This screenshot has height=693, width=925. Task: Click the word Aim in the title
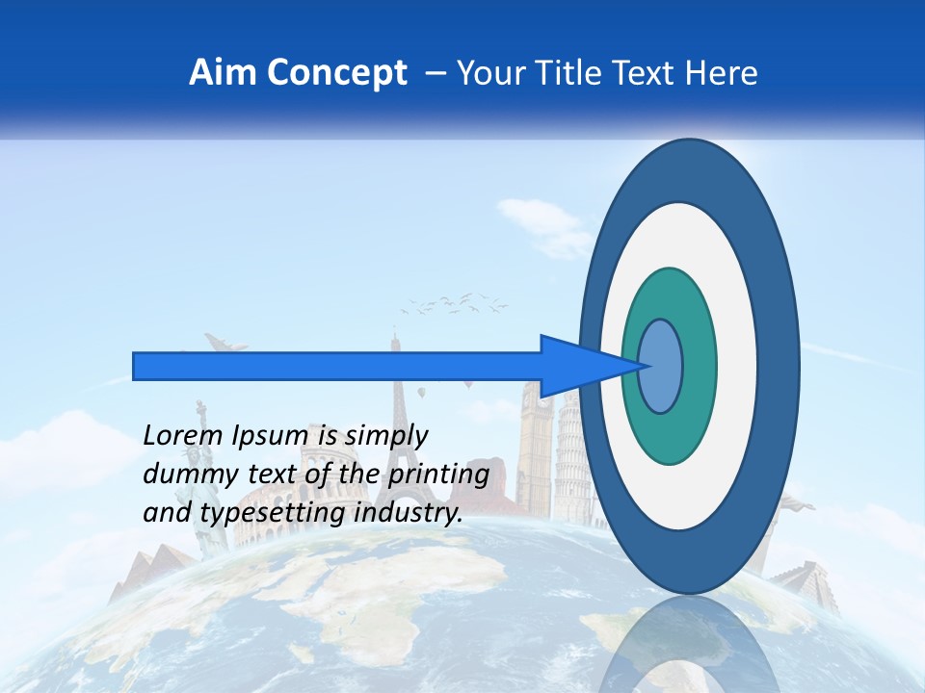click(222, 73)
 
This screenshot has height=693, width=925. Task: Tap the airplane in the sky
click(224, 344)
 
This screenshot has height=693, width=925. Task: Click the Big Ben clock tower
click(535, 443)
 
